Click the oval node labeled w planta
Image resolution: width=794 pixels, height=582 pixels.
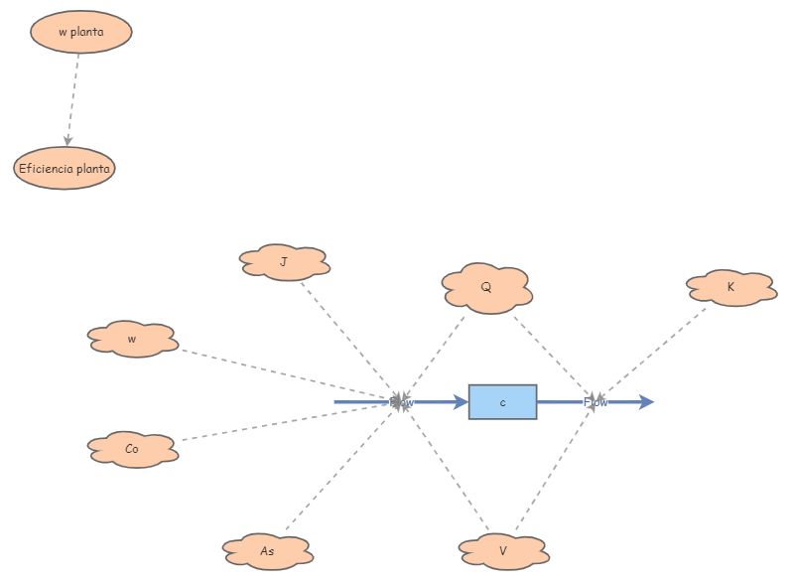(80, 32)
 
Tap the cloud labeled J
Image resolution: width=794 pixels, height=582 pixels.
(284, 262)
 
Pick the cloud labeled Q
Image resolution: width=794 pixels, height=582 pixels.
(486, 288)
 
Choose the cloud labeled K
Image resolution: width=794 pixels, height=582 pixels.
(730, 287)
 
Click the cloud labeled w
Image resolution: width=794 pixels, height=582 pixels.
(132, 339)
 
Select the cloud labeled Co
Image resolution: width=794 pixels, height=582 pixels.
(132, 449)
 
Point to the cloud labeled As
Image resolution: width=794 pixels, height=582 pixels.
(267, 550)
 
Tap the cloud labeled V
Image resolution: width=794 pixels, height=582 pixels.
(503, 550)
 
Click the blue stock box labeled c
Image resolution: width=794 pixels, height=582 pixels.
(502, 402)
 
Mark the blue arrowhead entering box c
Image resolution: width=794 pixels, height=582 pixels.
(460, 402)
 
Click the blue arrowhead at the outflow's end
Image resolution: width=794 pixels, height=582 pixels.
(646, 402)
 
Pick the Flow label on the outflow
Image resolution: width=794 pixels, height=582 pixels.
(595, 402)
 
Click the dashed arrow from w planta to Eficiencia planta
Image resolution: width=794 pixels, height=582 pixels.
(73, 99)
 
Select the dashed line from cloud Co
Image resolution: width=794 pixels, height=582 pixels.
(288, 421)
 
